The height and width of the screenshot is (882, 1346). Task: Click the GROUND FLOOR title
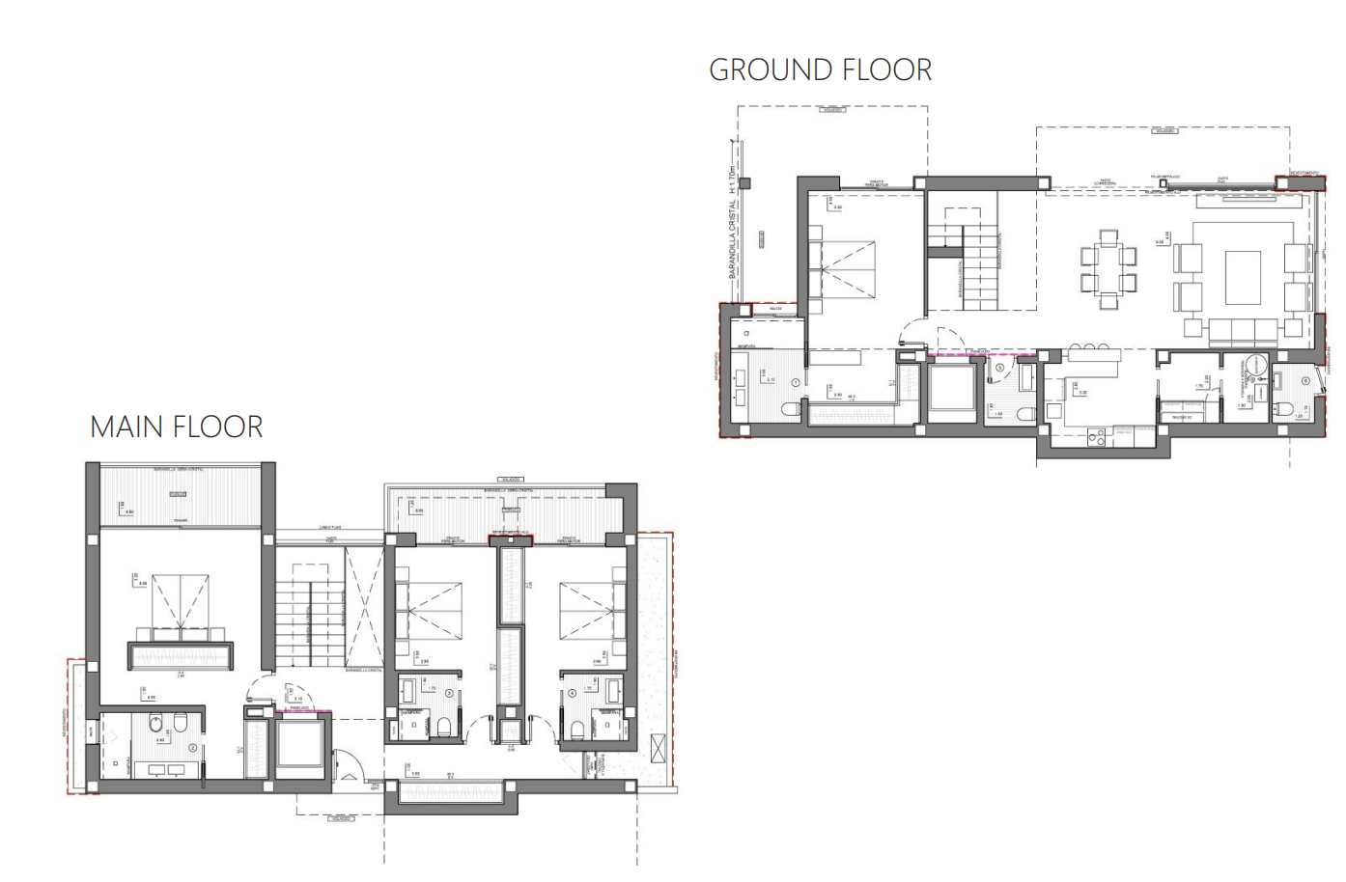(820, 70)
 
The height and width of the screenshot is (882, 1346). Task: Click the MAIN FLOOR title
(176, 427)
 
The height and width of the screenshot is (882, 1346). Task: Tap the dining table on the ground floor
(1108, 269)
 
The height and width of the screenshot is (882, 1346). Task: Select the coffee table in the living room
(1243, 277)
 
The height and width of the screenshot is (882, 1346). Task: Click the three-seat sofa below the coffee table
(1244, 331)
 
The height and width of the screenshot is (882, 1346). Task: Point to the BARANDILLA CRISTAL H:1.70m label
(733, 222)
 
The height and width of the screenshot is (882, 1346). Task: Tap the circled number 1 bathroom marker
(796, 383)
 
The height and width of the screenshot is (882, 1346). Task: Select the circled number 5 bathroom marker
(1000, 368)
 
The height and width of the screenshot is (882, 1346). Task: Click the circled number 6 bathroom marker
(1305, 381)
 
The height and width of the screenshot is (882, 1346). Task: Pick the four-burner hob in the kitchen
(1096, 437)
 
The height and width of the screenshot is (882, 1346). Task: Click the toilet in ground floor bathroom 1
(790, 412)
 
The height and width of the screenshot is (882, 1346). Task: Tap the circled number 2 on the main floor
(192, 748)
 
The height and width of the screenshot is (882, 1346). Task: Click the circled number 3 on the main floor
(449, 693)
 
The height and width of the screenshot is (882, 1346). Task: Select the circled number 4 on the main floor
(572, 693)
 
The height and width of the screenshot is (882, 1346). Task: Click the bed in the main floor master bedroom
(181, 608)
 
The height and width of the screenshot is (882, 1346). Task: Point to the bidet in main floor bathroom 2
(156, 723)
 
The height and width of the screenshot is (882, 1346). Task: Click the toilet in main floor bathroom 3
(444, 727)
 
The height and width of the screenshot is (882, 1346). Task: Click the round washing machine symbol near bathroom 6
(1256, 365)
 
